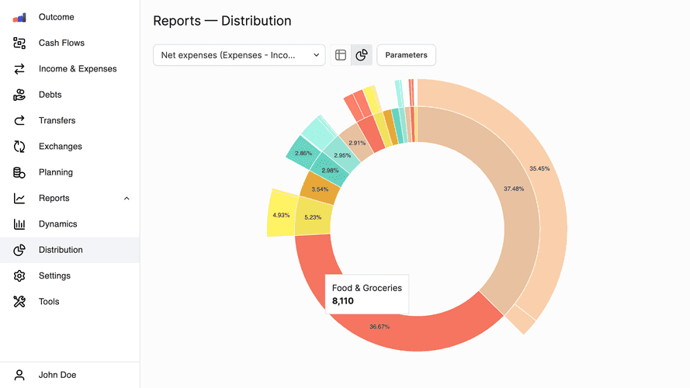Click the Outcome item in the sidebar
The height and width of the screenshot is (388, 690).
56,17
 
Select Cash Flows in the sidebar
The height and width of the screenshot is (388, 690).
61,43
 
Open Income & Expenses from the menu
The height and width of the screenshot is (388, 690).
77,69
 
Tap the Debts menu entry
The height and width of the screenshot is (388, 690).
50,95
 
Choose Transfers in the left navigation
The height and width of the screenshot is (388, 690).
57,120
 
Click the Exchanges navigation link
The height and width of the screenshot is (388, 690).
60,147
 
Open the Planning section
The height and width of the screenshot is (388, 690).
55,172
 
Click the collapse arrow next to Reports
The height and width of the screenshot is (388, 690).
127,199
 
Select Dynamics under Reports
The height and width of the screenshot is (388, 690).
57,224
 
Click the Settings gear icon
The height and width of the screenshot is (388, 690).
20,276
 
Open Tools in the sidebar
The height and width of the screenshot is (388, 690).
48,302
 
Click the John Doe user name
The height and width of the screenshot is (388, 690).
57,375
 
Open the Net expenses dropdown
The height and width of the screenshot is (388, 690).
239,55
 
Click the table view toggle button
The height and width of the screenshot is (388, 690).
340,55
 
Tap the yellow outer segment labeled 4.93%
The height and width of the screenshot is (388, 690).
280,215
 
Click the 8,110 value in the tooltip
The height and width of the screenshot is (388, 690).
343,301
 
